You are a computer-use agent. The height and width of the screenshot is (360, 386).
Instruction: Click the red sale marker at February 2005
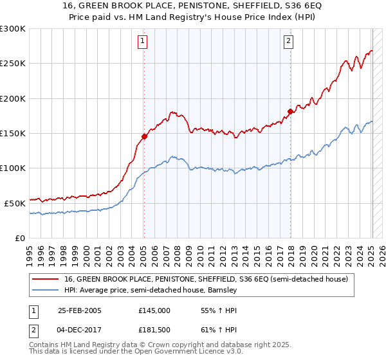(144, 136)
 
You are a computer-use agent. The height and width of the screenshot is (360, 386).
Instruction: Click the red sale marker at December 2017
(290, 111)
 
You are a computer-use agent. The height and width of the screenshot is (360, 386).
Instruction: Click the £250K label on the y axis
(13, 64)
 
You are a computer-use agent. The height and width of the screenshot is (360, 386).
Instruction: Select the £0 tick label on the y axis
(19, 238)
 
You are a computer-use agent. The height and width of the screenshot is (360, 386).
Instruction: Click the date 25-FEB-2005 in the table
(80, 310)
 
